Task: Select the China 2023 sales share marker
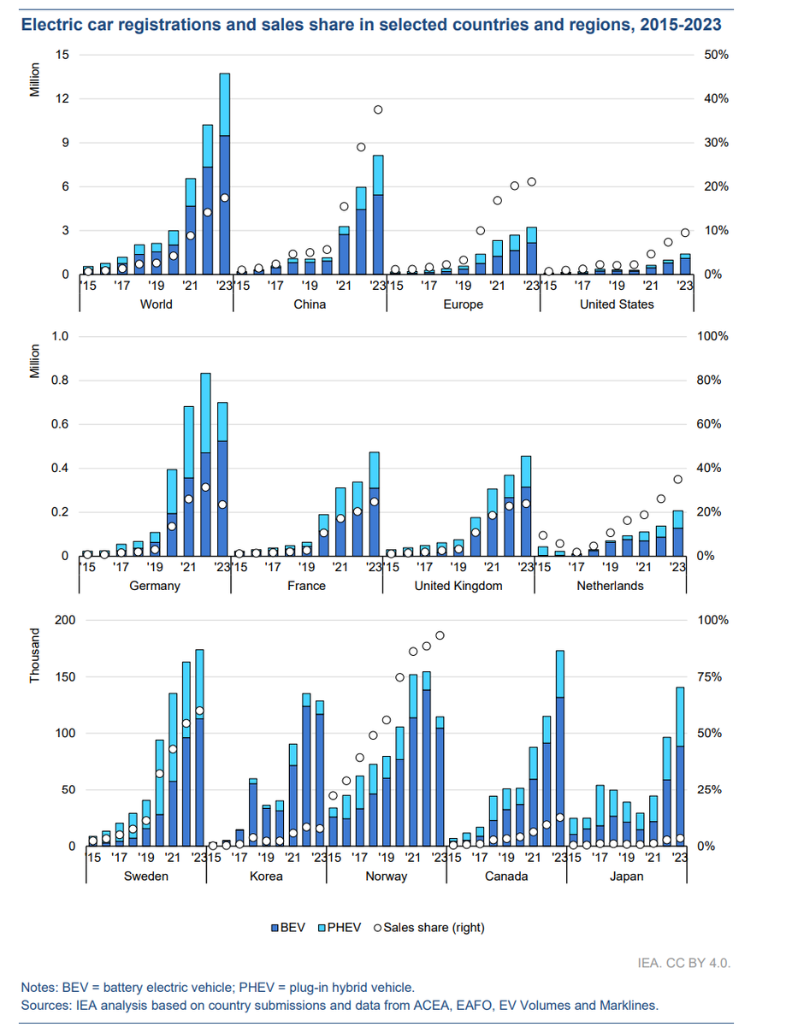click(x=377, y=109)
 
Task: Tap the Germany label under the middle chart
click(x=157, y=586)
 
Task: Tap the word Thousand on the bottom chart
click(x=35, y=657)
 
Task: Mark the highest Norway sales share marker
click(x=440, y=635)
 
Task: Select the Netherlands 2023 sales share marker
click(x=677, y=480)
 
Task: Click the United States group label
click(x=616, y=304)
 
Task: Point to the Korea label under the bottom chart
click(x=266, y=876)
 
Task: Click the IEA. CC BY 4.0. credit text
click(x=688, y=963)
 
